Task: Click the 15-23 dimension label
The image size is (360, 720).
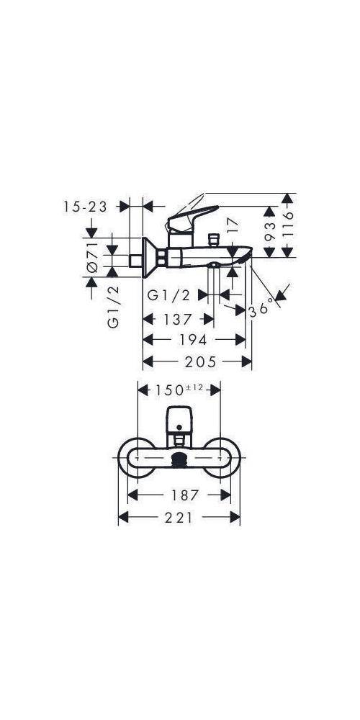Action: (x=85, y=207)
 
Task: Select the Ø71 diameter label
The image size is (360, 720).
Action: (x=92, y=256)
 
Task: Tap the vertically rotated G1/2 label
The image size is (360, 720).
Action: (x=113, y=307)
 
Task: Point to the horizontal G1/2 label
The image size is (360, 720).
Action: (x=168, y=295)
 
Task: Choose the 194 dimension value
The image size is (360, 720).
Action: (x=193, y=340)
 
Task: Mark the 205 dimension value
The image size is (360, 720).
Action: (x=197, y=361)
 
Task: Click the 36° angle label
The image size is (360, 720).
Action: (x=262, y=307)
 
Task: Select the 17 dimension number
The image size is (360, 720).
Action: (x=232, y=226)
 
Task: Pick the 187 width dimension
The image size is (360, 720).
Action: (x=180, y=495)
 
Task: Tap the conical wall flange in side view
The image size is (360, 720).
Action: (x=150, y=258)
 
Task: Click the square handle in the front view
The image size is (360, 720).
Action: (x=179, y=417)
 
